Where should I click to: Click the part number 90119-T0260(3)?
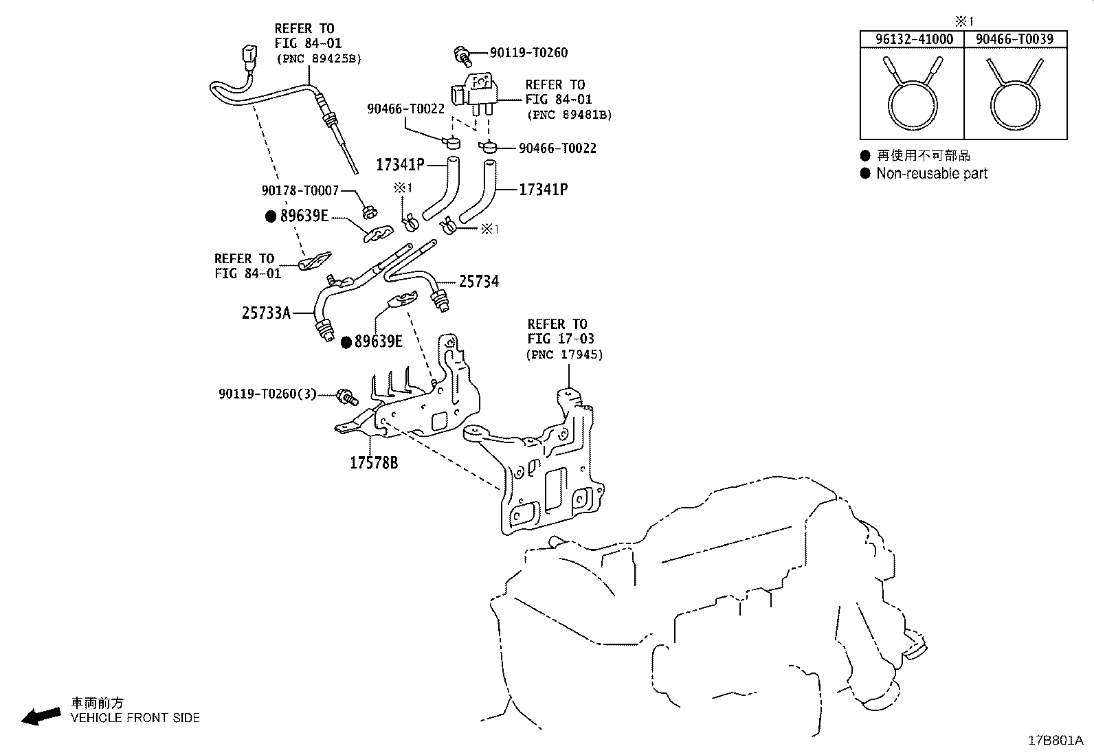(x=267, y=394)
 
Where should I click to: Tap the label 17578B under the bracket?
(x=374, y=462)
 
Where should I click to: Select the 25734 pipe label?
(x=478, y=281)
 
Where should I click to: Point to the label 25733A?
(x=266, y=313)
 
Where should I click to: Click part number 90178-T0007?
(x=300, y=190)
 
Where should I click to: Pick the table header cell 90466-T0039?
(x=1015, y=39)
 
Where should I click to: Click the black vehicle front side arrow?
(x=41, y=717)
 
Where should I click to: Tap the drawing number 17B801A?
(x=1056, y=741)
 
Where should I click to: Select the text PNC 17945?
(x=565, y=354)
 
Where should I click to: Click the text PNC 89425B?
(x=319, y=59)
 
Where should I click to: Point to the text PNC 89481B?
(x=570, y=115)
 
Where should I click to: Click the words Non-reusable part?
(x=932, y=173)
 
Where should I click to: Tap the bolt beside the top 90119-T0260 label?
(x=462, y=56)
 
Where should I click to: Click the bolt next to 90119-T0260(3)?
(x=347, y=396)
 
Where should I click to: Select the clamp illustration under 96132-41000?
(x=913, y=93)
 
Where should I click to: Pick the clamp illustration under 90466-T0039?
(x=1015, y=93)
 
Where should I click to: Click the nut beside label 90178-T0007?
(x=370, y=212)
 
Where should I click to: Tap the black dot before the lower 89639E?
(x=346, y=342)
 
